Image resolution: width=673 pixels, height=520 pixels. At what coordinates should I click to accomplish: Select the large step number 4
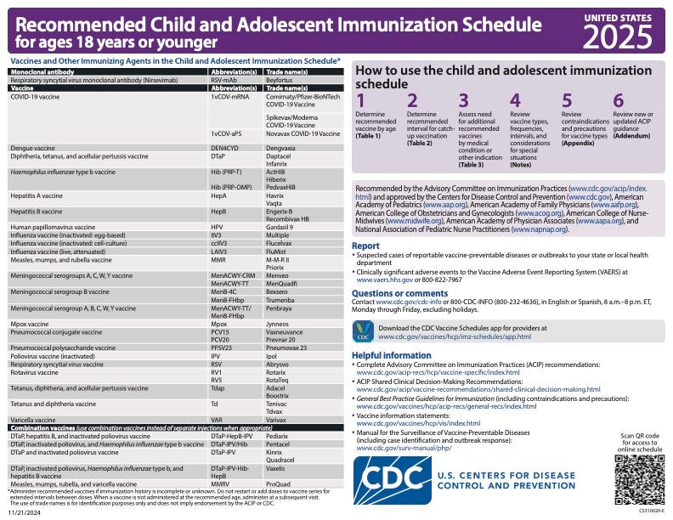coord(515,101)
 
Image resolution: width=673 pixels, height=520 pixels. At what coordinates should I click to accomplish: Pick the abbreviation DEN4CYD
coord(224,148)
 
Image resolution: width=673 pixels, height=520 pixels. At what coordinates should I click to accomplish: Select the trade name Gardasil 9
coord(283,228)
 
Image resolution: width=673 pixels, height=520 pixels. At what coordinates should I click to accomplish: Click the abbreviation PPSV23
coord(222,348)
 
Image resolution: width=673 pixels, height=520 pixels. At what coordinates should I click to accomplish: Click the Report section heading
coord(366,246)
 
